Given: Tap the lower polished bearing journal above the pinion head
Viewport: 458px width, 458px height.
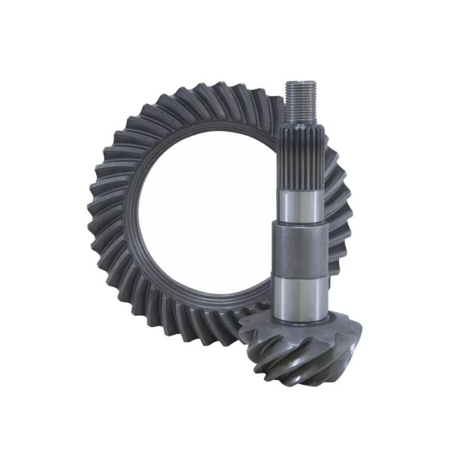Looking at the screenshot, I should coord(300,298).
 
